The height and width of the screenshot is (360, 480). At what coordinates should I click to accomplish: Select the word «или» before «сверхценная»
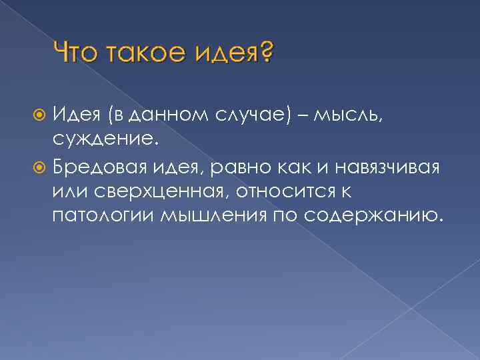pos(67,191)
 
